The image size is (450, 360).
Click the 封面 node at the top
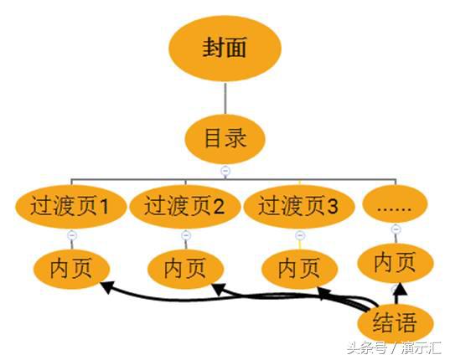(x=225, y=49)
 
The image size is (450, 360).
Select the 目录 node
(x=225, y=139)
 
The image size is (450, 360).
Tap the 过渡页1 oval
(x=70, y=206)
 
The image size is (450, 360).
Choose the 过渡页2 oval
(x=185, y=206)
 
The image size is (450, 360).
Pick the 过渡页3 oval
(x=299, y=206)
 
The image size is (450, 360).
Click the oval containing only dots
(x=396, y=204)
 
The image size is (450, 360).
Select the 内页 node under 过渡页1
(x=71, y=269)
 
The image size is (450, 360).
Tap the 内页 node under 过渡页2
(x=185, y=269)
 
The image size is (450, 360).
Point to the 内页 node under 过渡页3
(x=300, y=269)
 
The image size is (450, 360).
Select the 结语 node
(x=396, y=323)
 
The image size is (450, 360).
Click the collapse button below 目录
(x=225, y=171)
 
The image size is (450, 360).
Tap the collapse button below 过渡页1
(x=72, y=235)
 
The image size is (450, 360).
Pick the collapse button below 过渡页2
(x=186, y=235)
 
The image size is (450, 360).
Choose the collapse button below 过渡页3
(x=300, y=235)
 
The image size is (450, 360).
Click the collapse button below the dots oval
(x=396, y=229)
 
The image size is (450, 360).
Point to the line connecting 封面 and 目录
(x=225, y=98)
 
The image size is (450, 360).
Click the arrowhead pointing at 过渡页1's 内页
(x=106, y=287)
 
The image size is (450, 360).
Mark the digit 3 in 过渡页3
(x=333, y=206)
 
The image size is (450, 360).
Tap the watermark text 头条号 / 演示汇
(x=394, y=348)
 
